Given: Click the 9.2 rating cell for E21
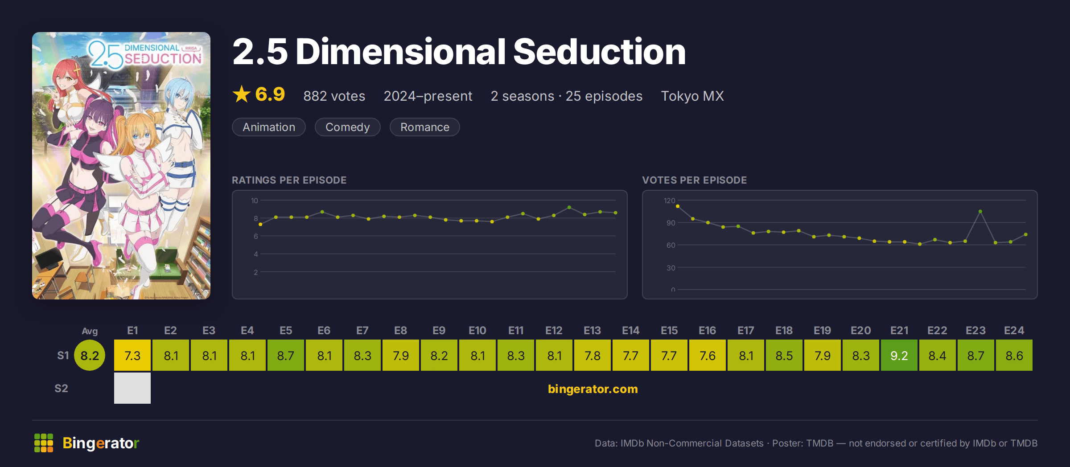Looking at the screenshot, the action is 899,355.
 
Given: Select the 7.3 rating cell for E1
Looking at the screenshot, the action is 132,355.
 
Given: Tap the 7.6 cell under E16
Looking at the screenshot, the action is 707,355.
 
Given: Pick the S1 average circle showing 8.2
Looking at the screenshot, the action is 90,355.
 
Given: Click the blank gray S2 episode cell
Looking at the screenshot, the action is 132,388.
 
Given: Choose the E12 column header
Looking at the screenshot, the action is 554,331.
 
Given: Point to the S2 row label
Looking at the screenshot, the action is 61,388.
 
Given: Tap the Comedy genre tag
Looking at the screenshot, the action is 348,127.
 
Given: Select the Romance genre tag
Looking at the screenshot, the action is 425,127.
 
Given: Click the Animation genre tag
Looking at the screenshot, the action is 269,127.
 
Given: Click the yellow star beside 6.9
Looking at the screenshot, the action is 242,94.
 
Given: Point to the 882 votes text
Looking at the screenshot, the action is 334,96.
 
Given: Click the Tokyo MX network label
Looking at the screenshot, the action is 692,96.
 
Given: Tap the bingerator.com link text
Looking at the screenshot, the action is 593,389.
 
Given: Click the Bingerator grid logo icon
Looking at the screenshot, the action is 44,443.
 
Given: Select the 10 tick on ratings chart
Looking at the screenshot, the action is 255,201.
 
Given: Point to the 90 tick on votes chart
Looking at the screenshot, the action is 671,223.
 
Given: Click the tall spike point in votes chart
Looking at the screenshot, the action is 980,211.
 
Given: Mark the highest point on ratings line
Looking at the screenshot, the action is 569,208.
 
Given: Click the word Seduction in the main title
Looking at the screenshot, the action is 600,52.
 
